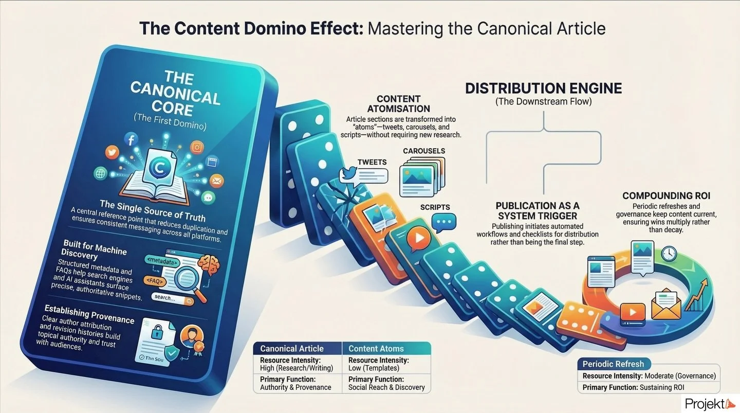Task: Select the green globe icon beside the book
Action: coord(100,173)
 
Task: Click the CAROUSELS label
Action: coord(423,151)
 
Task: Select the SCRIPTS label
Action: coord(435,207)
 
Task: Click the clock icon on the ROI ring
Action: coord(669,253)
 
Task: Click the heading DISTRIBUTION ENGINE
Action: coord(543,88)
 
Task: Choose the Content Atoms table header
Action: coord(376,349)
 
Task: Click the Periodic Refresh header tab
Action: coord(613,364)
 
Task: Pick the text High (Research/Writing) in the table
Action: coord(297,368)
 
